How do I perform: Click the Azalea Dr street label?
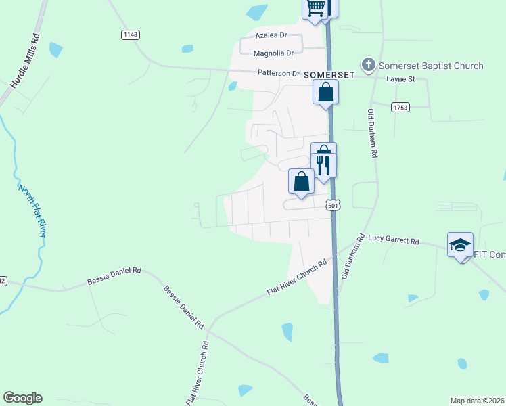pos(271,35)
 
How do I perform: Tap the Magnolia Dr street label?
pos(273,53)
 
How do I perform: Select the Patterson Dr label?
pos(277,73)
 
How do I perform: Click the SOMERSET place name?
pos(329,74)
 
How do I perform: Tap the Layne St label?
pos(399,79)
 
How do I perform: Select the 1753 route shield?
pos(399,106)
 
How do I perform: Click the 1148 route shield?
pos(131,34)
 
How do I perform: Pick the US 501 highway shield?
pos(332,204)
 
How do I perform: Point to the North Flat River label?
pos(32,210)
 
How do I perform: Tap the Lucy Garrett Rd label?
pos(393,240)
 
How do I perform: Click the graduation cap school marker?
pos(460,245)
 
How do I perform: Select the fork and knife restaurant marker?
pos(323,164)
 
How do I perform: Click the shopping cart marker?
pos(315,8)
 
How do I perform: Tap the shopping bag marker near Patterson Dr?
pos(325,92)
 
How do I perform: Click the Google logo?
pos(22,398)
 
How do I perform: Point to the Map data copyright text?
pos(478,401)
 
